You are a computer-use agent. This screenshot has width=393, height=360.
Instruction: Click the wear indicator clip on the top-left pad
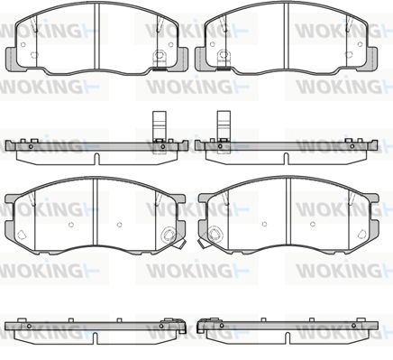click(159, 60)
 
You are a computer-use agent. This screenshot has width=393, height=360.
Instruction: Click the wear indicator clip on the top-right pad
click(223, 60)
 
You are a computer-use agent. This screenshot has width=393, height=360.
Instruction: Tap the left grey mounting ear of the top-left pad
click(12, 60)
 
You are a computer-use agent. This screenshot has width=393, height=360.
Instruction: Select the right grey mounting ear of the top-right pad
click(371, 60)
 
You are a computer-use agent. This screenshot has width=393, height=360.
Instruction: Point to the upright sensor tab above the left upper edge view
click(160, 125)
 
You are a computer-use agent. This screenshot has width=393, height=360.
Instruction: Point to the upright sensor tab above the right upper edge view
click(224, 125)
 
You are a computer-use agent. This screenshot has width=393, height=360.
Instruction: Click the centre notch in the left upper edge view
click(96, 159)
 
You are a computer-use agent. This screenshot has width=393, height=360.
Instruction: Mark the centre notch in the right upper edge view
click(287, 159)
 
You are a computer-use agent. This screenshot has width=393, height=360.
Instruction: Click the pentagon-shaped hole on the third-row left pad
click(22, 235)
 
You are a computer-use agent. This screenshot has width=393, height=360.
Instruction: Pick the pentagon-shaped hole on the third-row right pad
click(362, 235)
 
